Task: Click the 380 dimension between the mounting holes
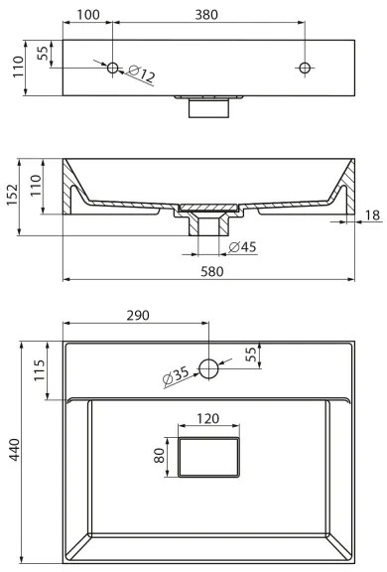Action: (206, 15)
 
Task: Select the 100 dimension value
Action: (87, 15)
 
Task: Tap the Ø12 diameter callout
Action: (141, 76)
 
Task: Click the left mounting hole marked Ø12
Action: (112, 69)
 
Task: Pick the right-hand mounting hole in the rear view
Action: (305, 69)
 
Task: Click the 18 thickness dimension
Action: (370, 215)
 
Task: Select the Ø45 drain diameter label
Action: (243, 246)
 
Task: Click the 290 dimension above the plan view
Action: (137, 316)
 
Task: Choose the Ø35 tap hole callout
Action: (177, 376)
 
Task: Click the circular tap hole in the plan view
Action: (208, 368)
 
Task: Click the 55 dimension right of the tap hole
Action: (251, 354)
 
